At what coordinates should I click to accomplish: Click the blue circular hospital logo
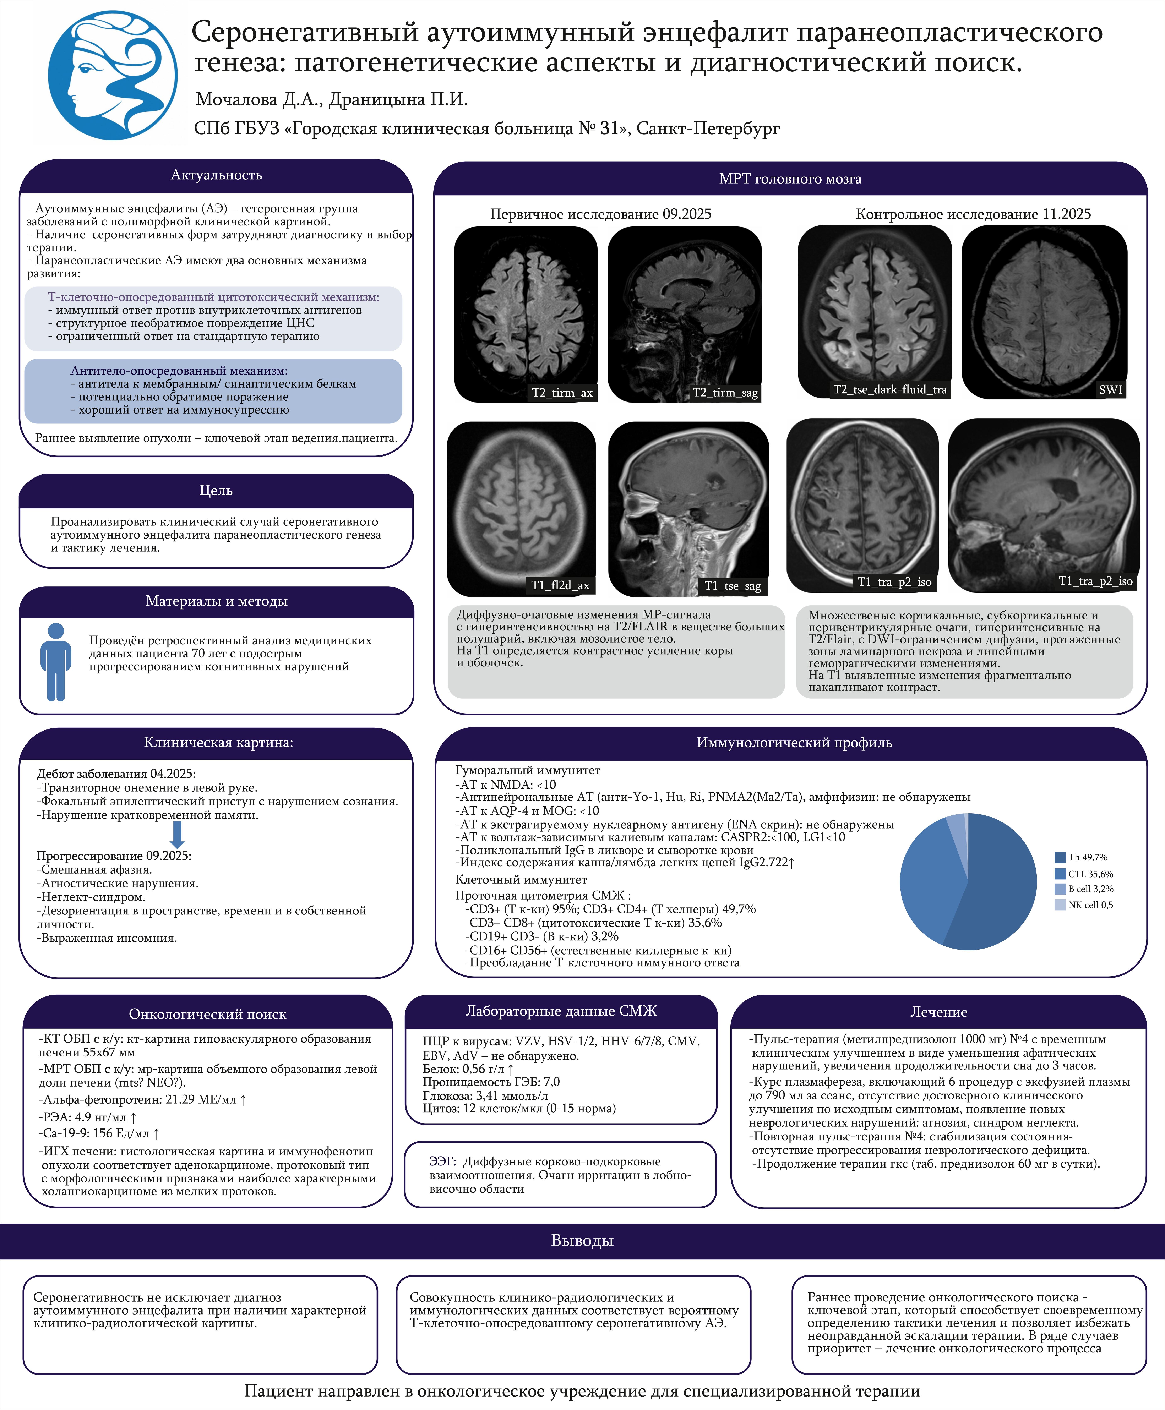[x=113, y=75]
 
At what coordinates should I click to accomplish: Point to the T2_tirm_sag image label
[x=725, y=393]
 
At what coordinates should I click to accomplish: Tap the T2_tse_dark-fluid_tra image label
[x=890, y=389]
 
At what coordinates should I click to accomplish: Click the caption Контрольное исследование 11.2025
[x=973, y=214]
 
